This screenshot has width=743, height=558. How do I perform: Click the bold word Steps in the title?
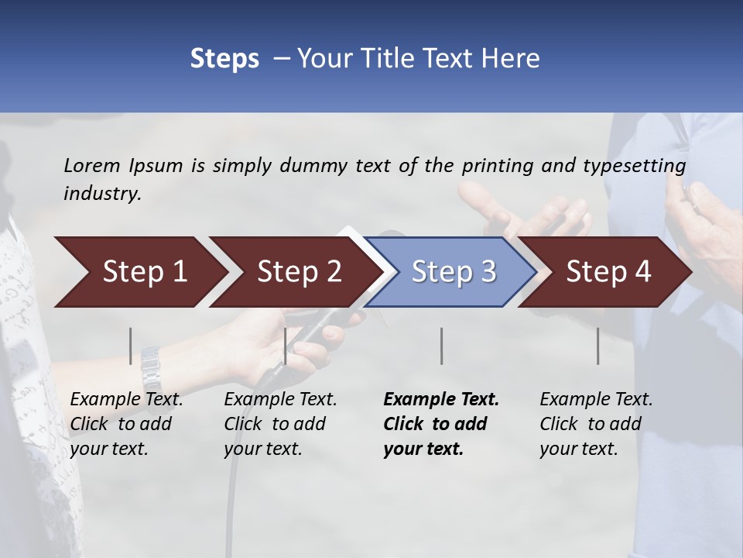[x=224, y=59]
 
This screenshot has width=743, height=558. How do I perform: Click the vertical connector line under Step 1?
[x=131, y=346]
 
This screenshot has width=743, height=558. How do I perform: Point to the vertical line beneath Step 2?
[x=286, y=346]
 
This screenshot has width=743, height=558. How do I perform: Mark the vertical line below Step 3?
[x=442, y=346]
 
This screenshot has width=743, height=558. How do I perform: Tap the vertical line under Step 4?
[x=598, y=346]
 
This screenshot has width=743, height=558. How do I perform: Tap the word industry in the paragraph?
[x=102, y=194]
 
